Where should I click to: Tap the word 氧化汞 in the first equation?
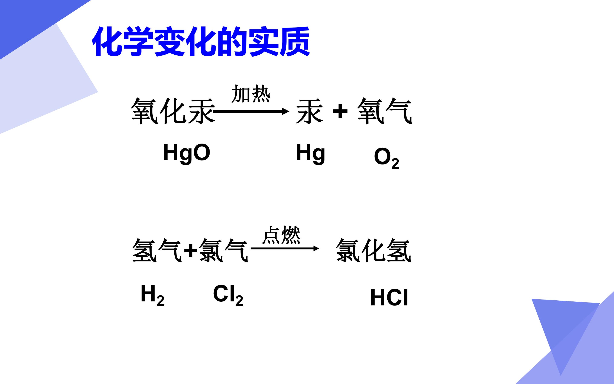pos(173,111)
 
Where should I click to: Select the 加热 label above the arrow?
pos(251,94)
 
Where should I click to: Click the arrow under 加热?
pos(251,111)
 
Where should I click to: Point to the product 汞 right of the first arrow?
pos(310,111)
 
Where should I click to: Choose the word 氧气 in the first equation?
pos(385,111)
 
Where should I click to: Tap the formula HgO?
pos(187,153)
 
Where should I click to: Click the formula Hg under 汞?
pos(311,153)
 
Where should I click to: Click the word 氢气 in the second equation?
pos(156,250)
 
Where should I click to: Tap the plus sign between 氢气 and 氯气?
pos(191,251)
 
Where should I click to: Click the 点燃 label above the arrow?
pos(281,235)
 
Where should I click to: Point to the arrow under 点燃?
pos(285,248)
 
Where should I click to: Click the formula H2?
pos(152,295)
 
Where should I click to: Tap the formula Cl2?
pos(228,295)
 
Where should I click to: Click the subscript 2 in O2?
pos(395,163)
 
